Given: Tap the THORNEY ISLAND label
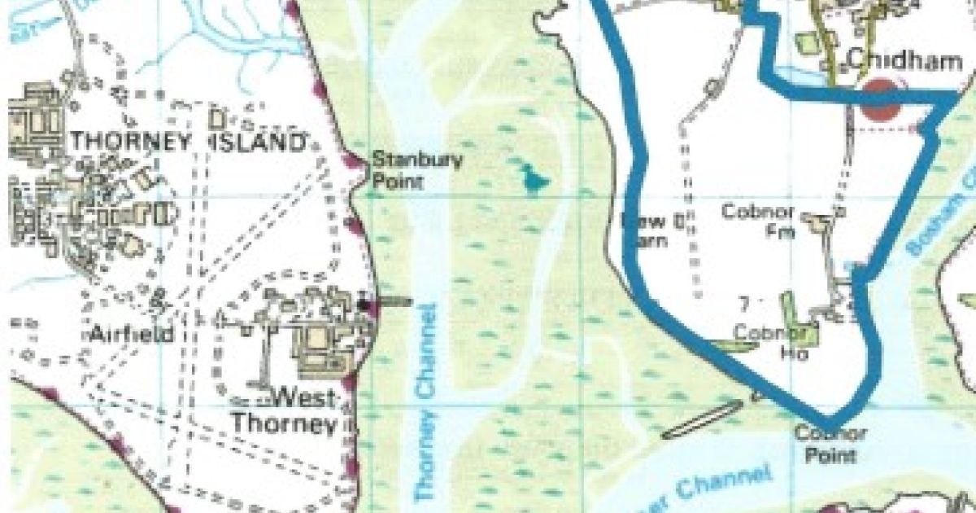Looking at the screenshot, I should pos(187,142).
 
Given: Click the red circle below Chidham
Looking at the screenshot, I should pos(882,99).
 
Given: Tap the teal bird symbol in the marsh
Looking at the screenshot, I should pos(534,178).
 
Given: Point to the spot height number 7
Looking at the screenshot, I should pos(743,305).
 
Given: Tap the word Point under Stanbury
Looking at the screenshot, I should pos(398,180).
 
